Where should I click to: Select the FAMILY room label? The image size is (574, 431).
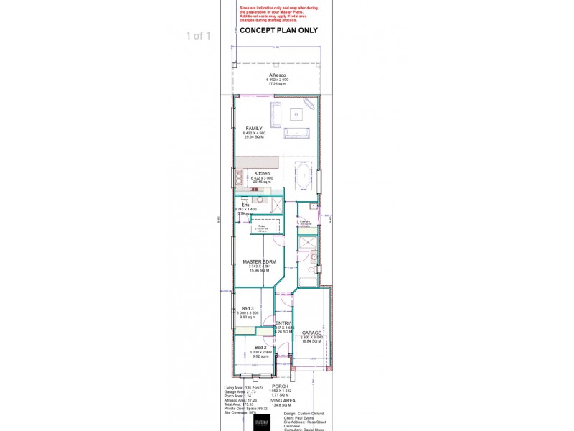click(254, 128)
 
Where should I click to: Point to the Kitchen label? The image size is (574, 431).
click(262, 174)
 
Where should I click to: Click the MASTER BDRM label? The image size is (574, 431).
click(259, 261)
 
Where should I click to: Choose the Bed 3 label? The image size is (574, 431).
click(248, 308)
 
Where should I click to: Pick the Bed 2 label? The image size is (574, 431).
click(260, 347)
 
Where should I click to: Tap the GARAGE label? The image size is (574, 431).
click(311, 333)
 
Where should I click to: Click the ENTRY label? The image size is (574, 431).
click(283, 323)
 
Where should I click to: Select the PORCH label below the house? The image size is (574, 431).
click(280, 386)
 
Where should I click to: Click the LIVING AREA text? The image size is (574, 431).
click(281, 400)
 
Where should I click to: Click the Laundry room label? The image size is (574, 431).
click(305, 222)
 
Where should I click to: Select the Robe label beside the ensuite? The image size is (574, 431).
click(263, 225)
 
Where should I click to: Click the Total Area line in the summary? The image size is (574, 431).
click(239, 404)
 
